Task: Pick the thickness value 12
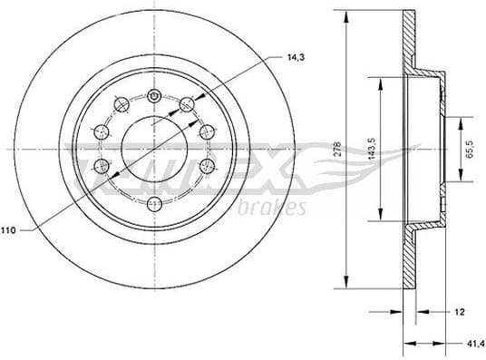[x=461, y=311]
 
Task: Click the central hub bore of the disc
[x=153, y=148]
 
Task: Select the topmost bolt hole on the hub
[x=154, y=95]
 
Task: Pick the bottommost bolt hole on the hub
[x=154, y=201]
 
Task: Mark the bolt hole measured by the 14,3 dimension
[x=188, y=103]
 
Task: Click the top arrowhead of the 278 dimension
[x=346, y=14]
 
